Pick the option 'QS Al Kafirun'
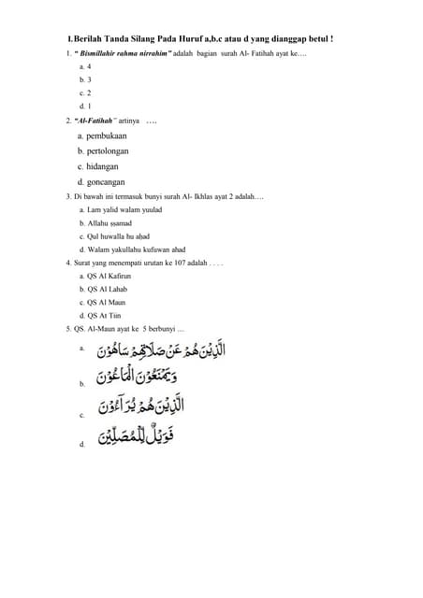[x=109, y=277]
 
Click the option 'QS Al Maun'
[x=106, y=303]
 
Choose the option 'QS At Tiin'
[x=104, y=316]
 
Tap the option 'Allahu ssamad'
[x=109, y=223]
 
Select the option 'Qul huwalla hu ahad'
[x=120, y=236]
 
